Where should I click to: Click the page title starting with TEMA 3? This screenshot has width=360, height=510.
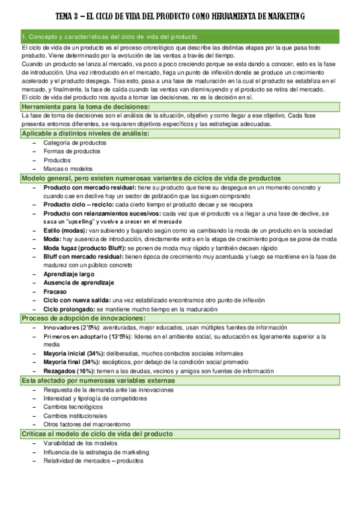pyautogui.click(x=180, y=16)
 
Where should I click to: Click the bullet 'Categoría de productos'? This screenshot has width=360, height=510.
pyautogui.click(x=75, y=143)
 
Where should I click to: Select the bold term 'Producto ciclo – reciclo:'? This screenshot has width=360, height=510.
pyautogui.click(x=78, y=204)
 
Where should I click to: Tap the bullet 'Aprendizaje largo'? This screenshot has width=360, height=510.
pyautogui.click(x=69, y=274)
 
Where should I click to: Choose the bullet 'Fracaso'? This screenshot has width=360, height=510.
pyautogui.click(x=54, y=291)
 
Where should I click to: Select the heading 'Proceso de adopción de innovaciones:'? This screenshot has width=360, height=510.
pyautogui.click(x=84, y=318)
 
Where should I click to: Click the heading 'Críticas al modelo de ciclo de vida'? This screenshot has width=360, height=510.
pyautogui.click(x=97, y=434)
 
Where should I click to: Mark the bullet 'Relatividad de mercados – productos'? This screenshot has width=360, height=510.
pyautogui.click(x=93, y=461)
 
